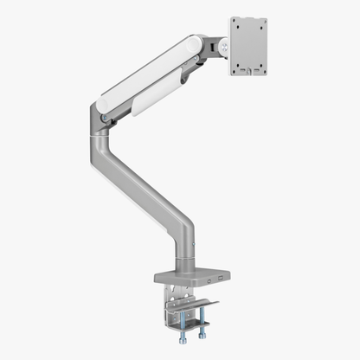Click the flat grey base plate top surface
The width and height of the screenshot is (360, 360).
click(x=188, y=272)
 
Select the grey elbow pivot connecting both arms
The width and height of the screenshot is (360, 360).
click(x=108, y=121)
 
